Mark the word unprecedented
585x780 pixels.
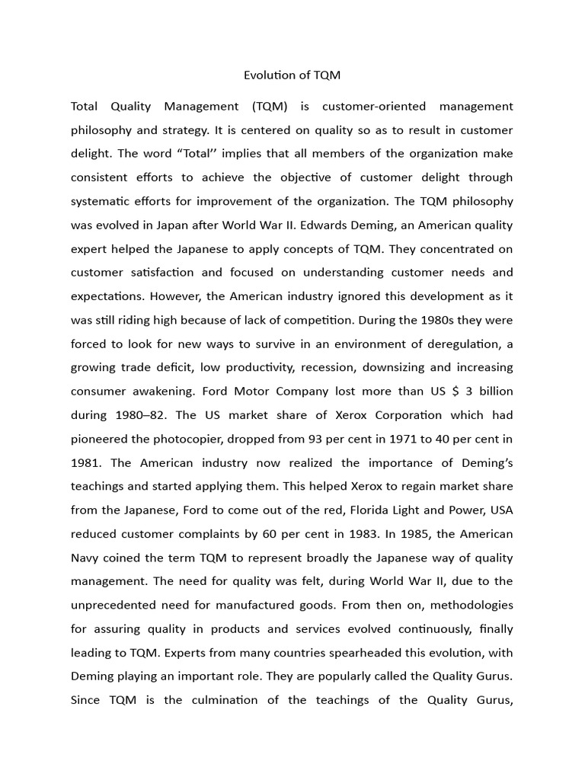tap(117, 606)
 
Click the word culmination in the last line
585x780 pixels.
tap(225, 700)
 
